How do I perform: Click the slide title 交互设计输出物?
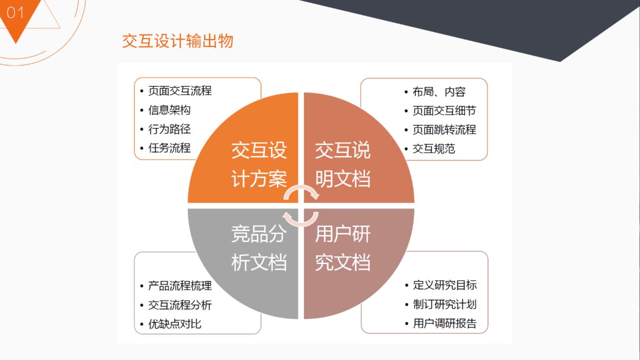[x=178, y=41]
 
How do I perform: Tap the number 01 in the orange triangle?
[x=15, y=13]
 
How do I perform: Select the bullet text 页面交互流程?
[x=180, y=91]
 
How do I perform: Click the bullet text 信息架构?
[x=169, y=110]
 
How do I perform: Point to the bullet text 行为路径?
[x=169, y=129]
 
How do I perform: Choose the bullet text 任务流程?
[x=169, y=148]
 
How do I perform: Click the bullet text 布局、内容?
[x=439, y=92]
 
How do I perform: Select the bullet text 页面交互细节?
[x=444, y=111]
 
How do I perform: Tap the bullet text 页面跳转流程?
[x=444, y=129]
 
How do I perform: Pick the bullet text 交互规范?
[x=434, y=149]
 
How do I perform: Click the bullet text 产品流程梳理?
[x=180, y=286]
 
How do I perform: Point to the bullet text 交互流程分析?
[x=180, y=305]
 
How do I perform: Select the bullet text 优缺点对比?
[x=175, y=324]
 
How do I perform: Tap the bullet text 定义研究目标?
[x=445, y=285]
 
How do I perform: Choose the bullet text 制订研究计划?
[x=445, y=304]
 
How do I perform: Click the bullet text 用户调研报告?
[x=445, y=323]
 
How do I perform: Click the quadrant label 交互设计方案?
[x=259, y=165]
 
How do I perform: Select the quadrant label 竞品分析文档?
[x=259, y=248]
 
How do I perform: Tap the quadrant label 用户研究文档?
[x=343, y=248]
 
